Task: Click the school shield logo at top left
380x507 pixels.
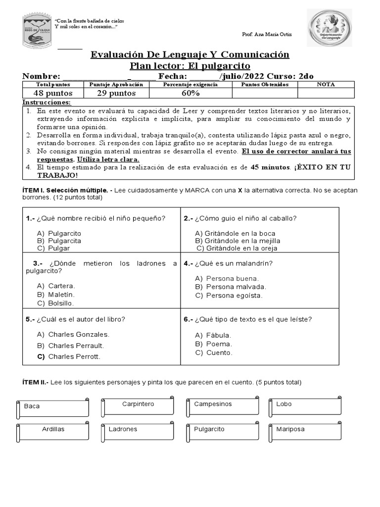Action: (37, 31)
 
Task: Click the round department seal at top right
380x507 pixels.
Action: (331, 28)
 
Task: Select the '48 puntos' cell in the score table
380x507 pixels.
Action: (53, 93)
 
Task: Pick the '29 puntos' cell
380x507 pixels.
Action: (116, 93)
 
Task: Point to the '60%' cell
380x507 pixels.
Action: (190, 93)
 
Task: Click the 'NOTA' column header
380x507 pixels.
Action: (326, 84)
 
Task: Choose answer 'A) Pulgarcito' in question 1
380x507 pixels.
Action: (59, 233)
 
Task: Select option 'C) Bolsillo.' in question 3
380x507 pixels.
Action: (55, 303)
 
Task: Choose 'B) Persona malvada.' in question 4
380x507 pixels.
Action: (231, 287)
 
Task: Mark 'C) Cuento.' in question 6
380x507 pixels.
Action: (214, 353)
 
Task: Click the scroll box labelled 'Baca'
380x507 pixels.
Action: (53, 407)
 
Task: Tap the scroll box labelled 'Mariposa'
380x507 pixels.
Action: (305, 431)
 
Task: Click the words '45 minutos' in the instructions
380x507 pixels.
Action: (270, 167)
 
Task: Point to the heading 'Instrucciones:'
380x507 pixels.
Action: (47, 102)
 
